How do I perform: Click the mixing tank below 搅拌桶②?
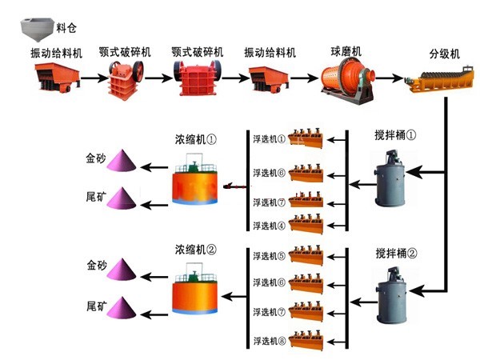pos(390,295)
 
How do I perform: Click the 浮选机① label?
pos(269,138)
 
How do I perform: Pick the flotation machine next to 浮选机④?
pos(308,223)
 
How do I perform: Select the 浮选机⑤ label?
pos(269,257)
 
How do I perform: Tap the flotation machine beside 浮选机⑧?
pos(308,340)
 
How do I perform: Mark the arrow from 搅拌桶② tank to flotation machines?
pos(358,296)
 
